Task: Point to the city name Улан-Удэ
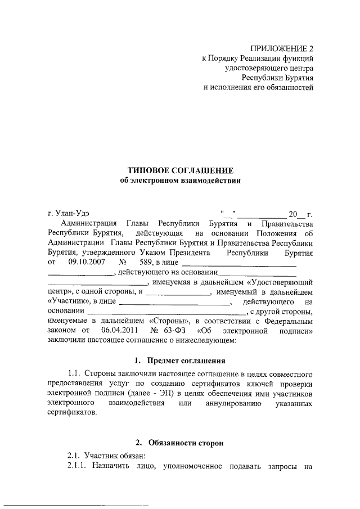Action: [71, 213]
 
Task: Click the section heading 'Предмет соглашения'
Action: [186, 360]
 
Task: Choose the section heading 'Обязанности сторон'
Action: [186, 443]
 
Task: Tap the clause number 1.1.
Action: [75, 373]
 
